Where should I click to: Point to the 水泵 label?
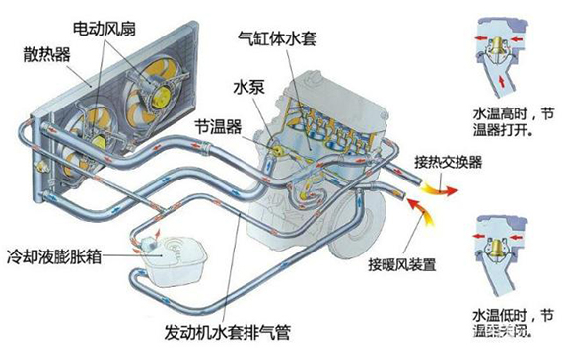pos(247,87)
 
